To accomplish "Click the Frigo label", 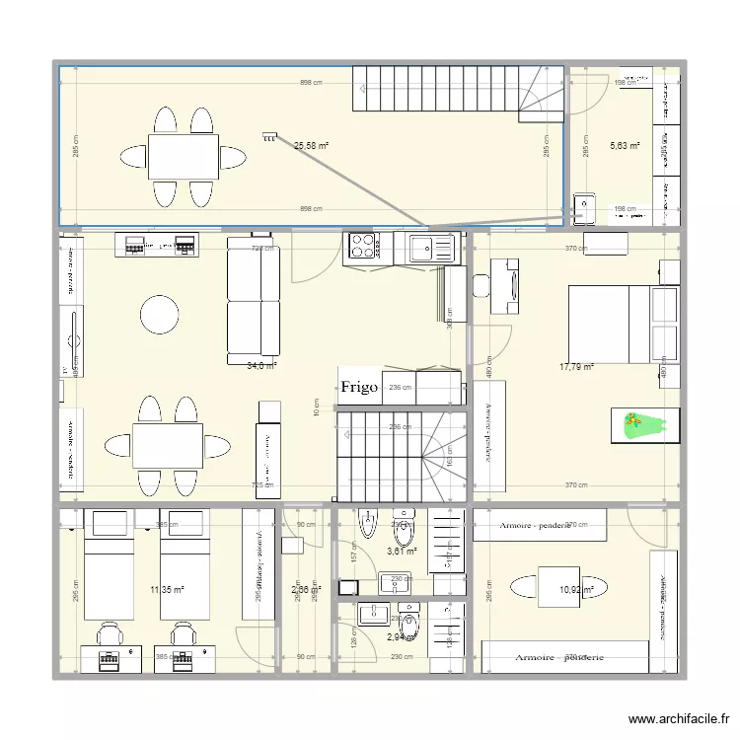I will (360, 388).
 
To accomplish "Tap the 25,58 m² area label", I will (311, 146).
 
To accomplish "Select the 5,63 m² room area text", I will (625, 146).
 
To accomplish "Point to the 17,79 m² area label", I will (576, 367).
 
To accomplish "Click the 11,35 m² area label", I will (167, 590).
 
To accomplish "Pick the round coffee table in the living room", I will (160, 316).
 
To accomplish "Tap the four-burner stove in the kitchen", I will (360, 245).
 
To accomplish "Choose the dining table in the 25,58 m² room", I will (185, 157).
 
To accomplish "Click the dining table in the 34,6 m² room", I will (168, 446).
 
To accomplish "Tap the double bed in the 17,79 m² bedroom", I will (624, 323).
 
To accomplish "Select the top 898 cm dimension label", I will (312, 84).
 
